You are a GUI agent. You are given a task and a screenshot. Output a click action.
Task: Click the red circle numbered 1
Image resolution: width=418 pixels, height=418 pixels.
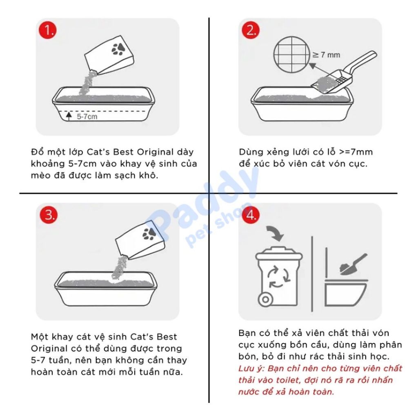[47, 30]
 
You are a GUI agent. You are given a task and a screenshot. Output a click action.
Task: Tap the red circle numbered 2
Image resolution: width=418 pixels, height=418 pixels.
[250, 30]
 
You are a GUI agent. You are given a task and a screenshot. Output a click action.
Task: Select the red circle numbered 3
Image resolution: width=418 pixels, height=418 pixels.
[49, 215]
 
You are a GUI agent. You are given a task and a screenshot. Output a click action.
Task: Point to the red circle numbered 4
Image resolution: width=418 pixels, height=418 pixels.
[251, 215]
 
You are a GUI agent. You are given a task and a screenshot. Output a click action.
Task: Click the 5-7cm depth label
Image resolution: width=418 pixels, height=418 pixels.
[87, 116]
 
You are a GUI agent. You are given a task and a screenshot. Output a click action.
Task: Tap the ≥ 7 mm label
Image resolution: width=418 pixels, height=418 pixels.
[326, 55]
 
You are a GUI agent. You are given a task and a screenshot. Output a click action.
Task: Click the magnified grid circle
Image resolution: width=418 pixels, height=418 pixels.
[292, 55]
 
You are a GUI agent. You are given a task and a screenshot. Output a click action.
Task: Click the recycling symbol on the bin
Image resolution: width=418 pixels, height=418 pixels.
[278, 278]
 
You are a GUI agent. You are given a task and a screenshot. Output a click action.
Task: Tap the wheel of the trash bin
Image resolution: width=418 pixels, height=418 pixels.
[265, 299]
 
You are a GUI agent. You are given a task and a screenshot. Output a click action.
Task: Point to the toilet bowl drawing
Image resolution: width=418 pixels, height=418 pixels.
[346, 292]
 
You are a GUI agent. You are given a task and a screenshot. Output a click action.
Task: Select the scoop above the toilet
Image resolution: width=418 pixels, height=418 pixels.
[353, 265]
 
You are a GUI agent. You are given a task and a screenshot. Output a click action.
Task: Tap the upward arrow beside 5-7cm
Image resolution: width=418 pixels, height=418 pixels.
[69, 116]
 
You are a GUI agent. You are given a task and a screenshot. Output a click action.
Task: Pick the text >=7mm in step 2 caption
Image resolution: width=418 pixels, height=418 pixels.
[356, 152]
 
